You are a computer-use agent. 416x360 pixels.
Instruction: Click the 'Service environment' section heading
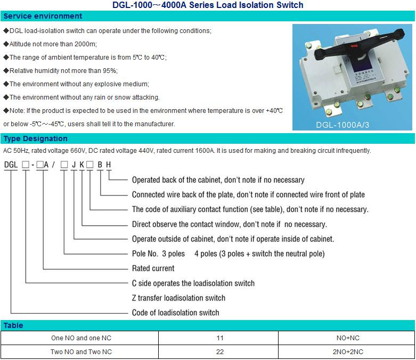(43, 16)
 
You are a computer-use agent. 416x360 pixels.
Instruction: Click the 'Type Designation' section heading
(36, 138)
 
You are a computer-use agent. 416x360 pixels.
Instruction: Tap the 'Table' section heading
(13, 325)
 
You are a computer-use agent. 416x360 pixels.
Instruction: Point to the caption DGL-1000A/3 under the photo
(342, 125)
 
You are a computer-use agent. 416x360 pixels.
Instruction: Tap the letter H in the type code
(108, 165)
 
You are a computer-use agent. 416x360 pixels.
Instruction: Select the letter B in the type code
(100, 165)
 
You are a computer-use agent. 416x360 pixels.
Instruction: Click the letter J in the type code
(74, 165)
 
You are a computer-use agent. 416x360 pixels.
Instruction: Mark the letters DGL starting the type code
(11, 165)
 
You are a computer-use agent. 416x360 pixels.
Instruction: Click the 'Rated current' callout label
(153, 268)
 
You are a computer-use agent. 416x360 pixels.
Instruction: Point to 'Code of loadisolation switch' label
(176, 313)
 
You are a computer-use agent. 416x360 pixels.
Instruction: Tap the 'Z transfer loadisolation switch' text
(178, 298)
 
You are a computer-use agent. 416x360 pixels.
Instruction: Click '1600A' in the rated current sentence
(205, 151)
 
